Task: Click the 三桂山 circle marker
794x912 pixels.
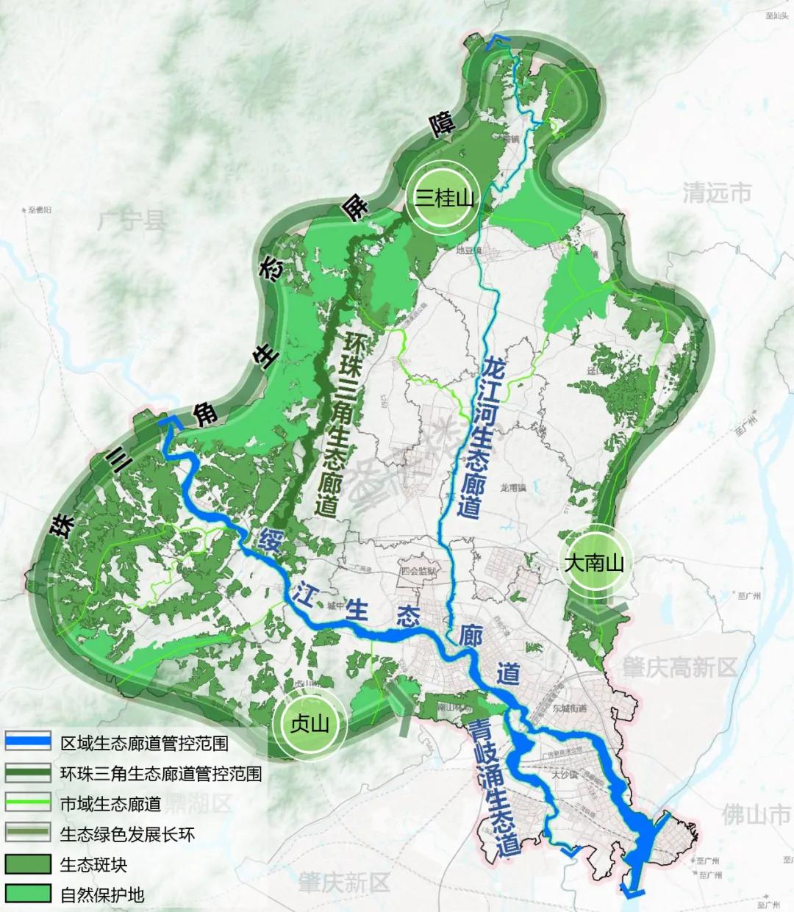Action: click(x=444, y=197)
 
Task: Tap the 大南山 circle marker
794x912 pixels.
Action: click(x=594, y=562)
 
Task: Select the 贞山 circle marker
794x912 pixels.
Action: click(x=309, y=723)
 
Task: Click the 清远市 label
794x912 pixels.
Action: click(x=717, y=193)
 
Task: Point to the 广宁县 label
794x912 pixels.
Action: click(x=132, y=220)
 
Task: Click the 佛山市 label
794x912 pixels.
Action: click(x=756, y=814)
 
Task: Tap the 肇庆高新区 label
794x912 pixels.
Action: click(x=679, y=667)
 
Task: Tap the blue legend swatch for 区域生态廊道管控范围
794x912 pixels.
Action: click(x=28, y=742)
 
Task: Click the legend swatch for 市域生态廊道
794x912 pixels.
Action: click(x=28, y=803)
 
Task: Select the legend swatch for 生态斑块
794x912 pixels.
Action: click(x=28, y=863)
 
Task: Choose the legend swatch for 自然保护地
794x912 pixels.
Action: click(x=28, y=894)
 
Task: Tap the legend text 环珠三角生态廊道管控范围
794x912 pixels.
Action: click(x=161, y=773)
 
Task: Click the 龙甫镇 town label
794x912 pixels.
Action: click(x=513, y=488)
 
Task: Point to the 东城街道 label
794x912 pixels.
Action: click(x=570, y=708)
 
